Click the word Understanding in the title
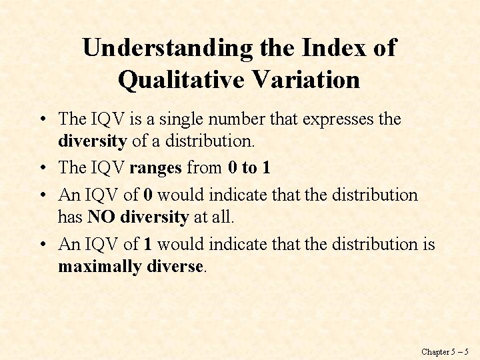pyautogui.click(x=167, y=48)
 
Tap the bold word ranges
pyautogui.click(x=155, y=167)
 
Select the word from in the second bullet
pyautogui.click(x=205, y=167)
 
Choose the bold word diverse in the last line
pyautogui.click(x=174, y=267)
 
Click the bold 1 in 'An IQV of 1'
pyautogui.click(x=147, y=244)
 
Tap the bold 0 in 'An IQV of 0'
pyautogui.click(x=147, y=195)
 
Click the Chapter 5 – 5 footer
pyautogui.click(x=445, y=351)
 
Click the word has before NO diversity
pyautogui.click(x=70, y=217)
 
